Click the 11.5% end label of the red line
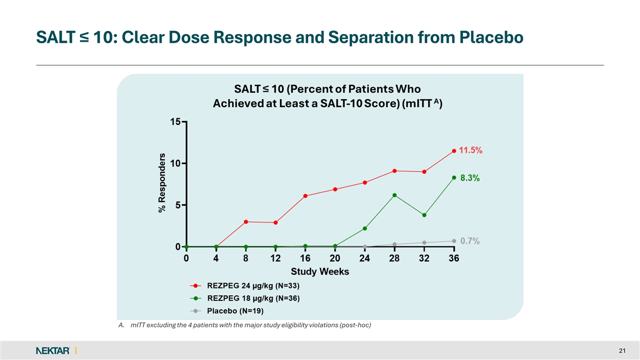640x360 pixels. pos(471,150)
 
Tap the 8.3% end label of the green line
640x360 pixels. pos(469,179)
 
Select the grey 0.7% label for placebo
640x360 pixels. pos(470,241)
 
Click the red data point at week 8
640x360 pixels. pos(245,222)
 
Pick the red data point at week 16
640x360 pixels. pos(305,196)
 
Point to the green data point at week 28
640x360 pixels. pos(394,195)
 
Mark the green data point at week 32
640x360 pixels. pos(424,215)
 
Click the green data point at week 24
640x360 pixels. pos(365,228)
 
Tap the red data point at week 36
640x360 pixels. pos(454,151)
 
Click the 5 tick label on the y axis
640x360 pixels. pos(178,205)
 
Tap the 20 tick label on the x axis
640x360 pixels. pos(335,259)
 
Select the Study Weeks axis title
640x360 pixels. pos(320,272)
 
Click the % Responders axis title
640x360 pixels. pos(162,181)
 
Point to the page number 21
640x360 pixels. pos(621,350)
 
